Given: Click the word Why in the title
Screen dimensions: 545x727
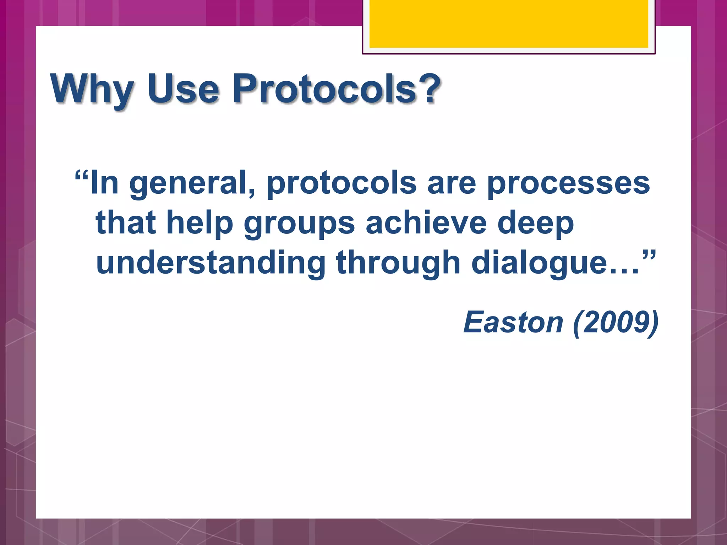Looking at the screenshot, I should click(92, 89).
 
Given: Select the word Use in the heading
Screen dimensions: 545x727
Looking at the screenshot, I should click(183, 89).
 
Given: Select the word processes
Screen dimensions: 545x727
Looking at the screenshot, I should click(568, 184).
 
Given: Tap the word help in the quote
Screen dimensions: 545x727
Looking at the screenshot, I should click(199, 224).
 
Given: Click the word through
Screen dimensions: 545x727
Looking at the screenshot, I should click(398, 263).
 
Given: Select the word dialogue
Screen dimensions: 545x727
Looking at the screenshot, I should click(539, 263).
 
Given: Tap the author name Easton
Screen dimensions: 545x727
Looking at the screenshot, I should click(513, 322).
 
